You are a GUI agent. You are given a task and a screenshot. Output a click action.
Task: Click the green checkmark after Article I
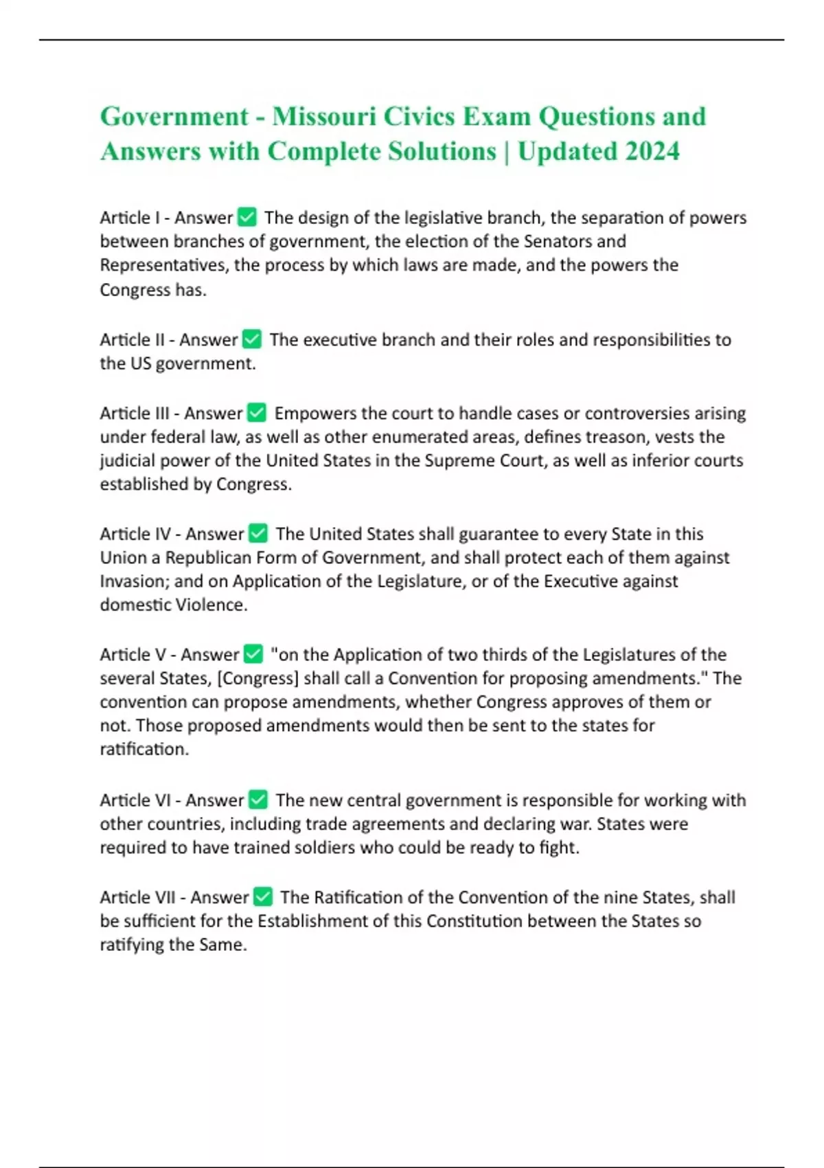pyautogui.click(x=247, y=218)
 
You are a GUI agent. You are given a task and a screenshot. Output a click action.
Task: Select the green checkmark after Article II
pyautogui.click(x=252, y=339)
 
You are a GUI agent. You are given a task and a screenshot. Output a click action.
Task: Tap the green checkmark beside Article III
pyautogui.click(x=257, y=413)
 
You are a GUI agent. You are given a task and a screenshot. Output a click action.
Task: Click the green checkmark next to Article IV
pyautogui.click(x=258, y=534)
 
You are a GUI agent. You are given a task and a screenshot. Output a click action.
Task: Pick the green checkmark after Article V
pyautogui.click(x=253, y=654)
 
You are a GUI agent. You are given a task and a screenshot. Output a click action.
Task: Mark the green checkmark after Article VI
pyautogui.click(x=258, y=800)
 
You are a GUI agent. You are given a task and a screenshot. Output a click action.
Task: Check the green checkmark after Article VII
pyautogui.click(x=263, y=897)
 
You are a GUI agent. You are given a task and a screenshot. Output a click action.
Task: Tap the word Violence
pyautogui.click(x=211, y=605)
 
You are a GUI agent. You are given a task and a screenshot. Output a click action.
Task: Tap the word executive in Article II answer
pyautogui.click(x=340, y=340)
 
